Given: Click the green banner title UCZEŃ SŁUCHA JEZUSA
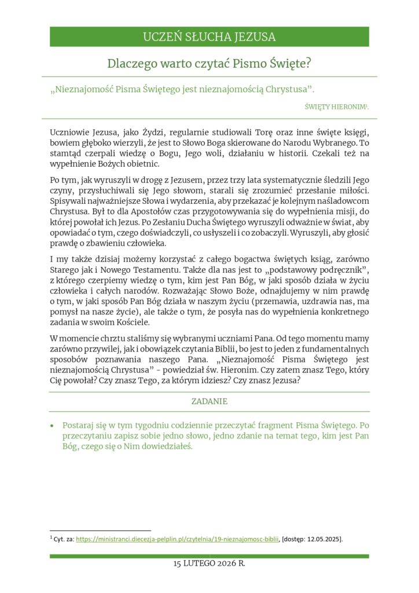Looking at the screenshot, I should [209, 37].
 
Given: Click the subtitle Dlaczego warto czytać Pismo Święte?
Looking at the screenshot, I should [209, 63].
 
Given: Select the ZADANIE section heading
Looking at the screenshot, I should [209, 401].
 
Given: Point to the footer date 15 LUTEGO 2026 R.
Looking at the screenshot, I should [209, 563].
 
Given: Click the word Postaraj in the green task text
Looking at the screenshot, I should [78, 425].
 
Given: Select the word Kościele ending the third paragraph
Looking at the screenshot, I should [133, 323].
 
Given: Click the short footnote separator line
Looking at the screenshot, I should [100, 530].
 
